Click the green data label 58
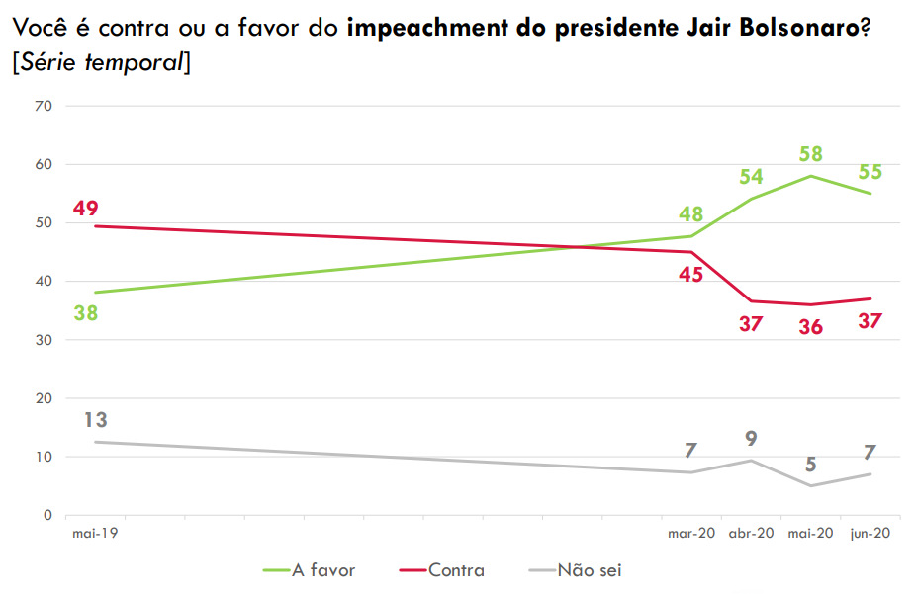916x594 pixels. click(x=811, y=155)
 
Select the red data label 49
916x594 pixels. click(x=86, y=209)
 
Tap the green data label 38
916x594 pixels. click(x=86, y=313)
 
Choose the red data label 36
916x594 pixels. click(x=811, y=326)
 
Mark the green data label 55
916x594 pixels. click(x=871, y=172)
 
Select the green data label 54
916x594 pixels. click(x=752, y=177)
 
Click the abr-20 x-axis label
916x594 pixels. click(x=752, y=534)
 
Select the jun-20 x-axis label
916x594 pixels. click(x=871, y=534)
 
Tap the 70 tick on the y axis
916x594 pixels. click(x=45, y=106)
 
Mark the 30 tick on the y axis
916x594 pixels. click(x=45, y=340)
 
